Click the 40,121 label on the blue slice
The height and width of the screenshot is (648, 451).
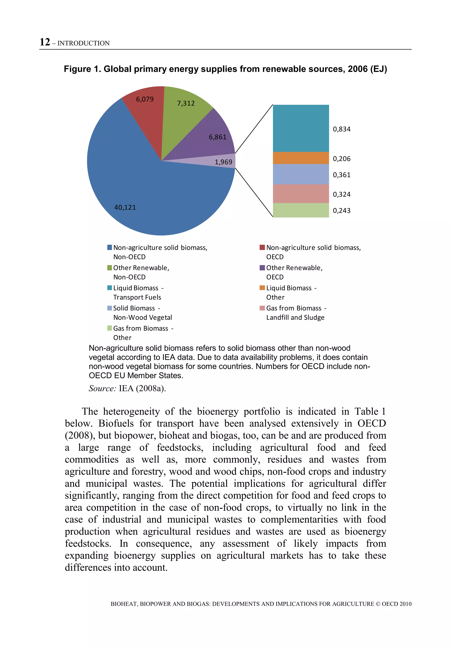pos(125,207)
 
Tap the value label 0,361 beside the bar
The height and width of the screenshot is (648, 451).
pos(341,175)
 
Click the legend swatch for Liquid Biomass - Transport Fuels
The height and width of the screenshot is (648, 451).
pos(110,288)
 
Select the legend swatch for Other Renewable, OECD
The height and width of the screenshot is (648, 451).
pos(262,268)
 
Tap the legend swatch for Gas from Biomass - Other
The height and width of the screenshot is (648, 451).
pos(110,328)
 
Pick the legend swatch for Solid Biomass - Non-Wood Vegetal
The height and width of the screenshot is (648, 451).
pos(110,308)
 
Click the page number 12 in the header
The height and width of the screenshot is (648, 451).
pos(45,42)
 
